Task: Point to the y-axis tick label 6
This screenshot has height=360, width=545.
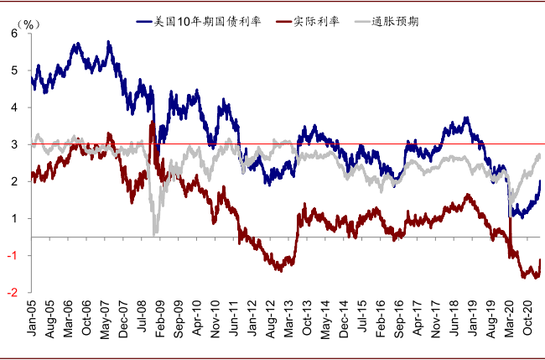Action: click(x=14, y=34)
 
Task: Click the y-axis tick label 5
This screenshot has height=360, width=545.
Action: click(x=14, y=70)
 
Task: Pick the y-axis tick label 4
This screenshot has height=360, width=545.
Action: click(x=14, y=107)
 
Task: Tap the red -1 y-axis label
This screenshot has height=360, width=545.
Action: click(x=13, y=256)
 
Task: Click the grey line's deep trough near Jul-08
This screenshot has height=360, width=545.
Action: click(x=155, y=232)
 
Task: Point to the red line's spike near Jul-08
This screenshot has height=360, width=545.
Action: click(x=151, y=123)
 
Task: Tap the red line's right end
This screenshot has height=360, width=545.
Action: click(x=540, y=260)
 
